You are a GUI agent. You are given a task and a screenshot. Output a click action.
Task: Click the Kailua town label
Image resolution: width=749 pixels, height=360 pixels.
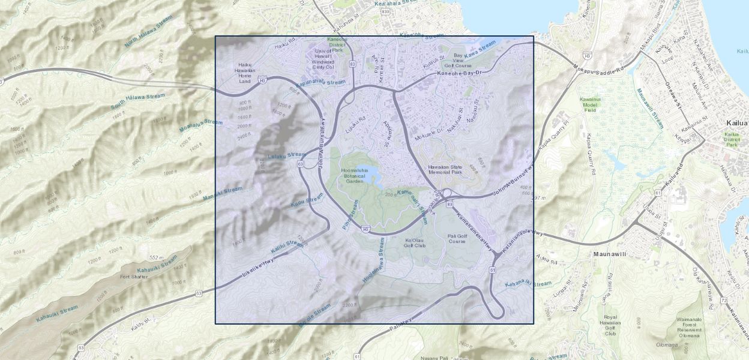pos(735,123)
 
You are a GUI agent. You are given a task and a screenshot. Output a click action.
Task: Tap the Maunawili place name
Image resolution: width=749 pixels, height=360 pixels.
pos(610,254)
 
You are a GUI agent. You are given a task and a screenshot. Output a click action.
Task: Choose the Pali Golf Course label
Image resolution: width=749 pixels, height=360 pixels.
pos(457,239)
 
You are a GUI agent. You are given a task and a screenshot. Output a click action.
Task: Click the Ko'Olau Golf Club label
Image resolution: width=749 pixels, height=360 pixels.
pos(415,242)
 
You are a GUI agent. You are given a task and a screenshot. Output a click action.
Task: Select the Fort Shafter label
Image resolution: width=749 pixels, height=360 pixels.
pos(134,277)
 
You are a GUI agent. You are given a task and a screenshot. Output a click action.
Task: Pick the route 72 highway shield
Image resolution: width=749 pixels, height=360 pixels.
pos(724,300)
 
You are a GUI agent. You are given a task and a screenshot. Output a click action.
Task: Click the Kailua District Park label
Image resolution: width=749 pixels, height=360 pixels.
pos(732,139)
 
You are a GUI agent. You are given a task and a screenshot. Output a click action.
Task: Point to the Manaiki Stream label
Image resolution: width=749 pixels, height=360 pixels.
pos(223,193)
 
